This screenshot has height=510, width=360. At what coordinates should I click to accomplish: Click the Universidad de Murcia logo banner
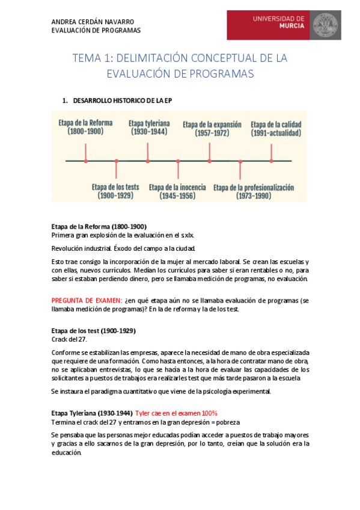(x=284, y=25)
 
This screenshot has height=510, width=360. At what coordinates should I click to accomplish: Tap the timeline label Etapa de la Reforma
(x=85, y=123)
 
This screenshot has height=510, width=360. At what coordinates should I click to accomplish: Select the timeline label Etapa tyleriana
(x=149, y=123)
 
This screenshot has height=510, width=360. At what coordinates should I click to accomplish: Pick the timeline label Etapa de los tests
(x=116, y=186)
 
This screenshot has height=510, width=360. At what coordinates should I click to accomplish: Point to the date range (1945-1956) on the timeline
(x=178, y=196)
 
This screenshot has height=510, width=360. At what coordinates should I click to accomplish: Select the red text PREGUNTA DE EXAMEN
(x=87, y=300)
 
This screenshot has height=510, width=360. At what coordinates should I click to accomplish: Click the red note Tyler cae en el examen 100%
(x=176, y=413)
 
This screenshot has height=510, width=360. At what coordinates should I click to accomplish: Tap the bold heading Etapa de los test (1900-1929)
(x=93, y=331)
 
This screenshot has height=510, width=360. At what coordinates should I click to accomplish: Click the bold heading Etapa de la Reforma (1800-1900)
(x=99, y=226)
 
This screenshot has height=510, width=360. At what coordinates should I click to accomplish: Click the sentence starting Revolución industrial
(x=123, y=248)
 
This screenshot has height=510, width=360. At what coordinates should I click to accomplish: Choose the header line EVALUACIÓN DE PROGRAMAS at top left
(x=96, y=30)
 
